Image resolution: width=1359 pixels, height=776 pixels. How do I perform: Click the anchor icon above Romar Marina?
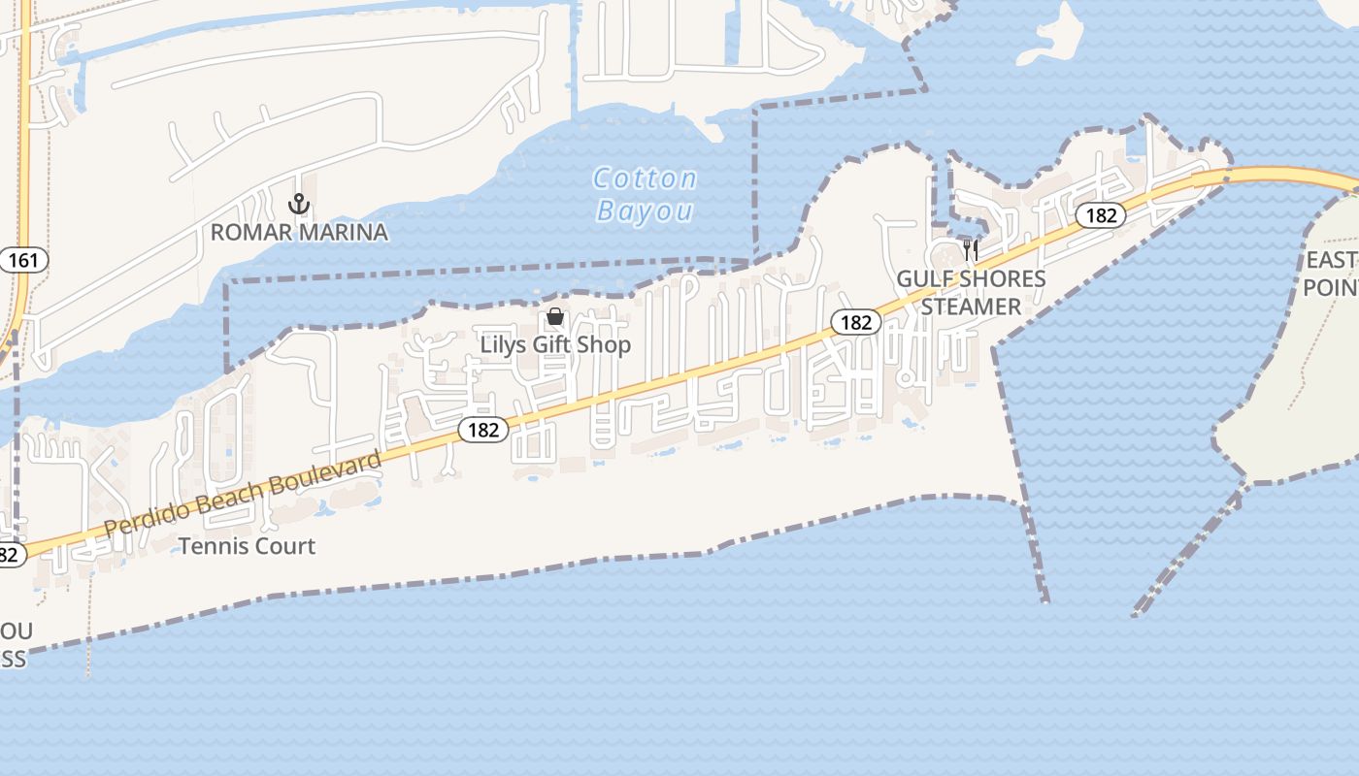click(299, 204)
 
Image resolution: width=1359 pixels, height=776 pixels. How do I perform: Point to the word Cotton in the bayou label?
click(645, 178)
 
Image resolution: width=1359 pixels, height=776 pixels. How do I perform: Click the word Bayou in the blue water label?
click(645, 210)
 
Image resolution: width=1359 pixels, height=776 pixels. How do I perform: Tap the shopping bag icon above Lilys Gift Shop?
click(555, 316)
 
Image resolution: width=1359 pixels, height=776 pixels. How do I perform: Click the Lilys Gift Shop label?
click(555, 344)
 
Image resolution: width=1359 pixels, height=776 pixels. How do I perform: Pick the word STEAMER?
click(971, 307)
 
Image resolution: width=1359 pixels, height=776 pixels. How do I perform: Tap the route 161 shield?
click(22, 260)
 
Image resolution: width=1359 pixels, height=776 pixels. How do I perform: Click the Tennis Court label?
click(247, 546)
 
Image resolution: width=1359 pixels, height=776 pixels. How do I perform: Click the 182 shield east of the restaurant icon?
click(1101, 215)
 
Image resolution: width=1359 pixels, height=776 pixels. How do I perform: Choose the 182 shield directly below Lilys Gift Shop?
click(482, 430)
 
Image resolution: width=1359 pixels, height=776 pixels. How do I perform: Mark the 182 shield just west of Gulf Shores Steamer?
click(855, 322)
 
